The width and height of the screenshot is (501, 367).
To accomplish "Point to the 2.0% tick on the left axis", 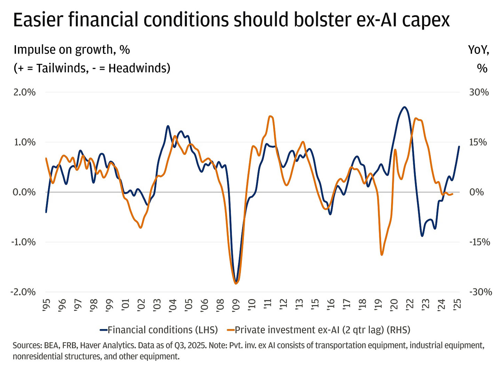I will [24, 92].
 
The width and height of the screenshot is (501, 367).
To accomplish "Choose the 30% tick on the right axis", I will [479, 92].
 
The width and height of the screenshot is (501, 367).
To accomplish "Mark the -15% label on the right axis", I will [480, 242].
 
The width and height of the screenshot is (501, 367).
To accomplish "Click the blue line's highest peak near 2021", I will [404, 107].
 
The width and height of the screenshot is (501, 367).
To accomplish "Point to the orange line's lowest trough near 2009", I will [236, 284].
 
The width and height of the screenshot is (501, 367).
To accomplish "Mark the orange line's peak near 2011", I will [271, 116].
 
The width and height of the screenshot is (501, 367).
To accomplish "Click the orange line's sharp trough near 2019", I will [382, 255].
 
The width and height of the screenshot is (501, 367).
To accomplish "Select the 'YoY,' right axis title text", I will [478, 50].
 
